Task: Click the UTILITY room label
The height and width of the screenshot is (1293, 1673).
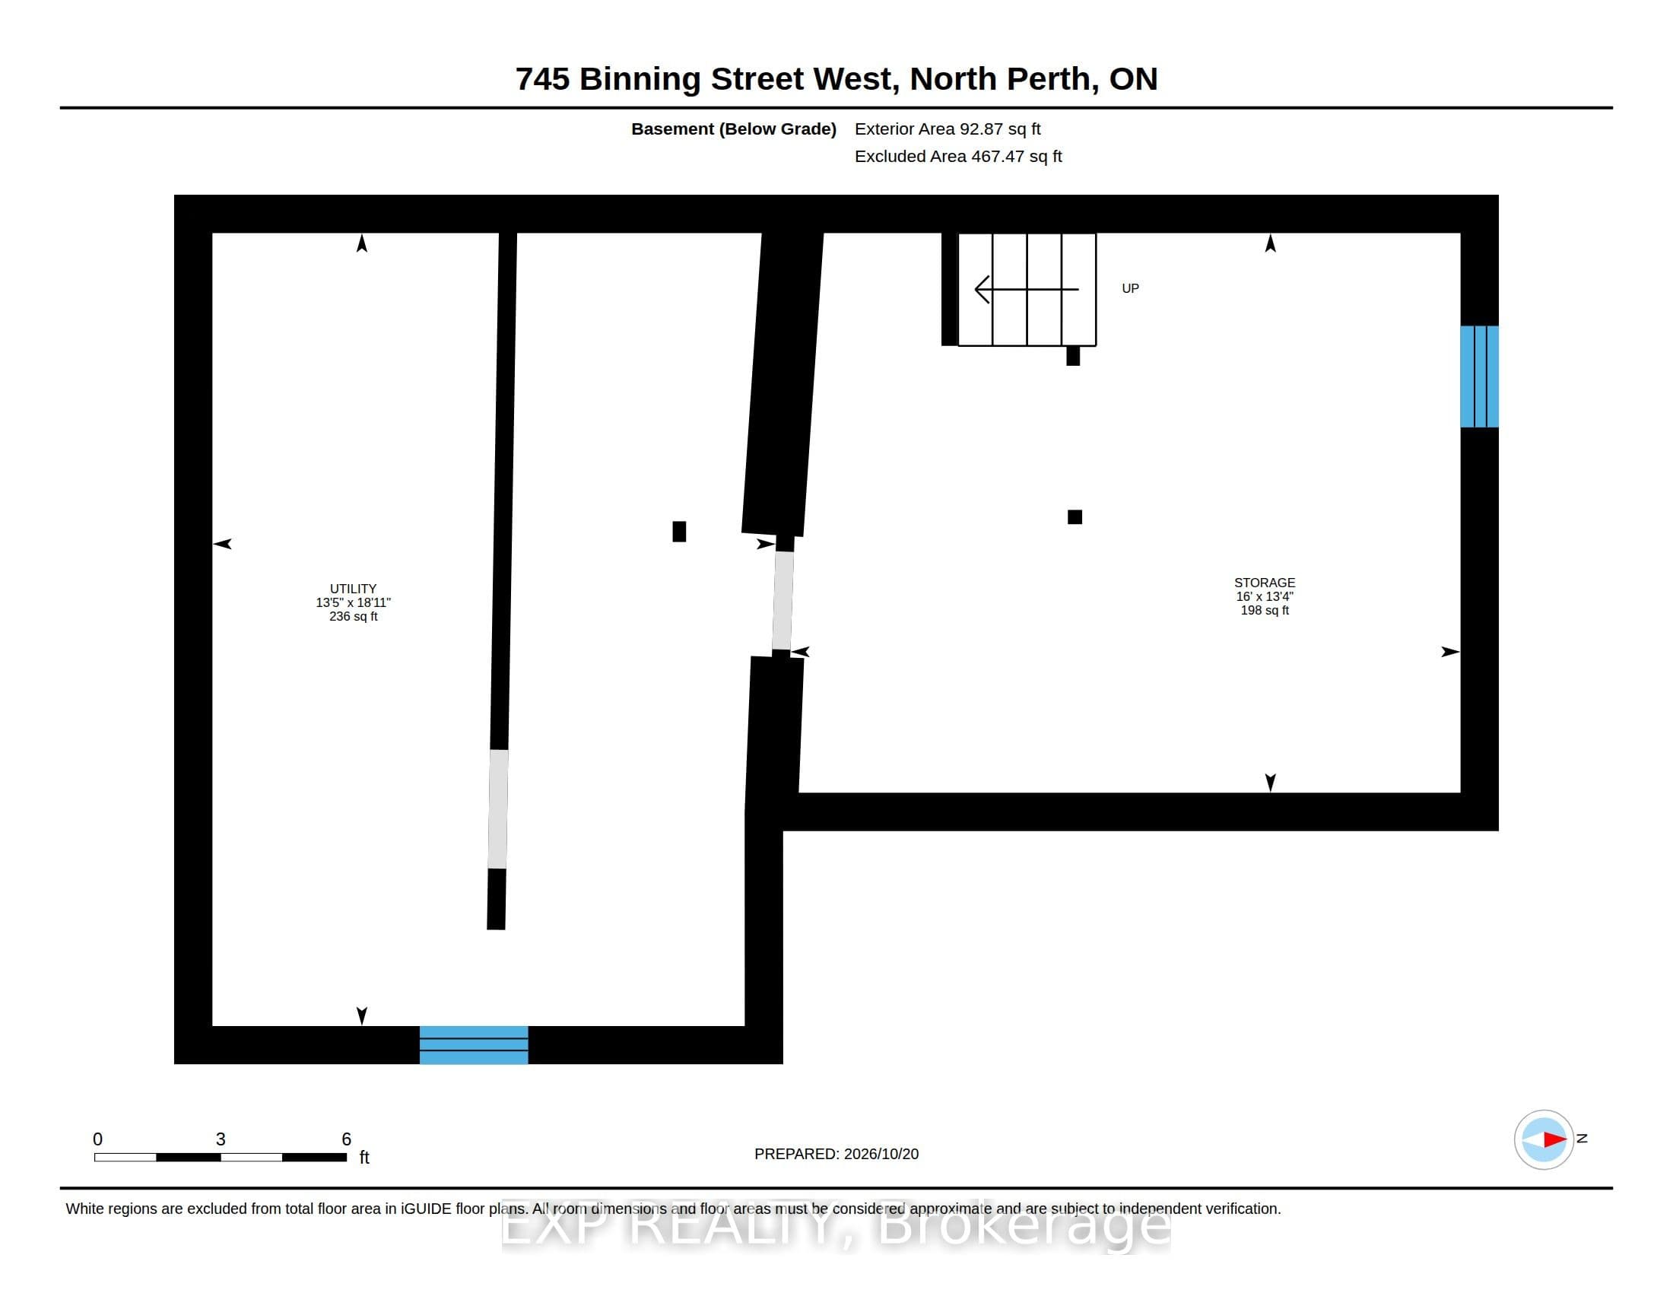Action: point(353,588)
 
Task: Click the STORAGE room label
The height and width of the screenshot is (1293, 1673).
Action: point(1265,582)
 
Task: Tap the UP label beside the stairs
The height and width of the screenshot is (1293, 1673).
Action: point(1131,288)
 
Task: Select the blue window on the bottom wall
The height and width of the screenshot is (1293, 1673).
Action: point(474,1045)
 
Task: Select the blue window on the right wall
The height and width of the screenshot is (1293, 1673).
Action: point(1479,376)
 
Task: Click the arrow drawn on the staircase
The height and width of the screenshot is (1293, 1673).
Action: point(1027,289)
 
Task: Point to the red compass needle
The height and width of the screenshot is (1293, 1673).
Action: point(1555,1139)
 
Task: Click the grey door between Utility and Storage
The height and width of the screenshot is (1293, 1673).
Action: point(782,601)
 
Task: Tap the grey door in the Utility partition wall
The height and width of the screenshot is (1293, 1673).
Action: point(498,809)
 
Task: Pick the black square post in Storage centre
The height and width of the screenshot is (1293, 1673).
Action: point(1075,517)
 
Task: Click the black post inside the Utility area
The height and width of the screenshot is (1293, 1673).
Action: point(678,531)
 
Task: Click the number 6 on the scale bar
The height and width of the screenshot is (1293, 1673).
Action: point(346,1139)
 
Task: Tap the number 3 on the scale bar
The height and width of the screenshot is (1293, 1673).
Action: point(221,1139)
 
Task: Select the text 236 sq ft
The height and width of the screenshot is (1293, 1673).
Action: point(353,616)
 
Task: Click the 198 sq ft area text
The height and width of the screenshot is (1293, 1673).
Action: point(1265,610)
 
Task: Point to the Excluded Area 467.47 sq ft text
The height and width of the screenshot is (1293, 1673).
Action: point(958,156)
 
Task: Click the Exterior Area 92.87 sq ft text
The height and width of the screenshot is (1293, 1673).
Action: point(948,129)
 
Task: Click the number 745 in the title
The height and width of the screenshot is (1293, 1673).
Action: point(542,79)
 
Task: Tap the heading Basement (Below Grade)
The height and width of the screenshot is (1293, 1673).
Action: point(734,129)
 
